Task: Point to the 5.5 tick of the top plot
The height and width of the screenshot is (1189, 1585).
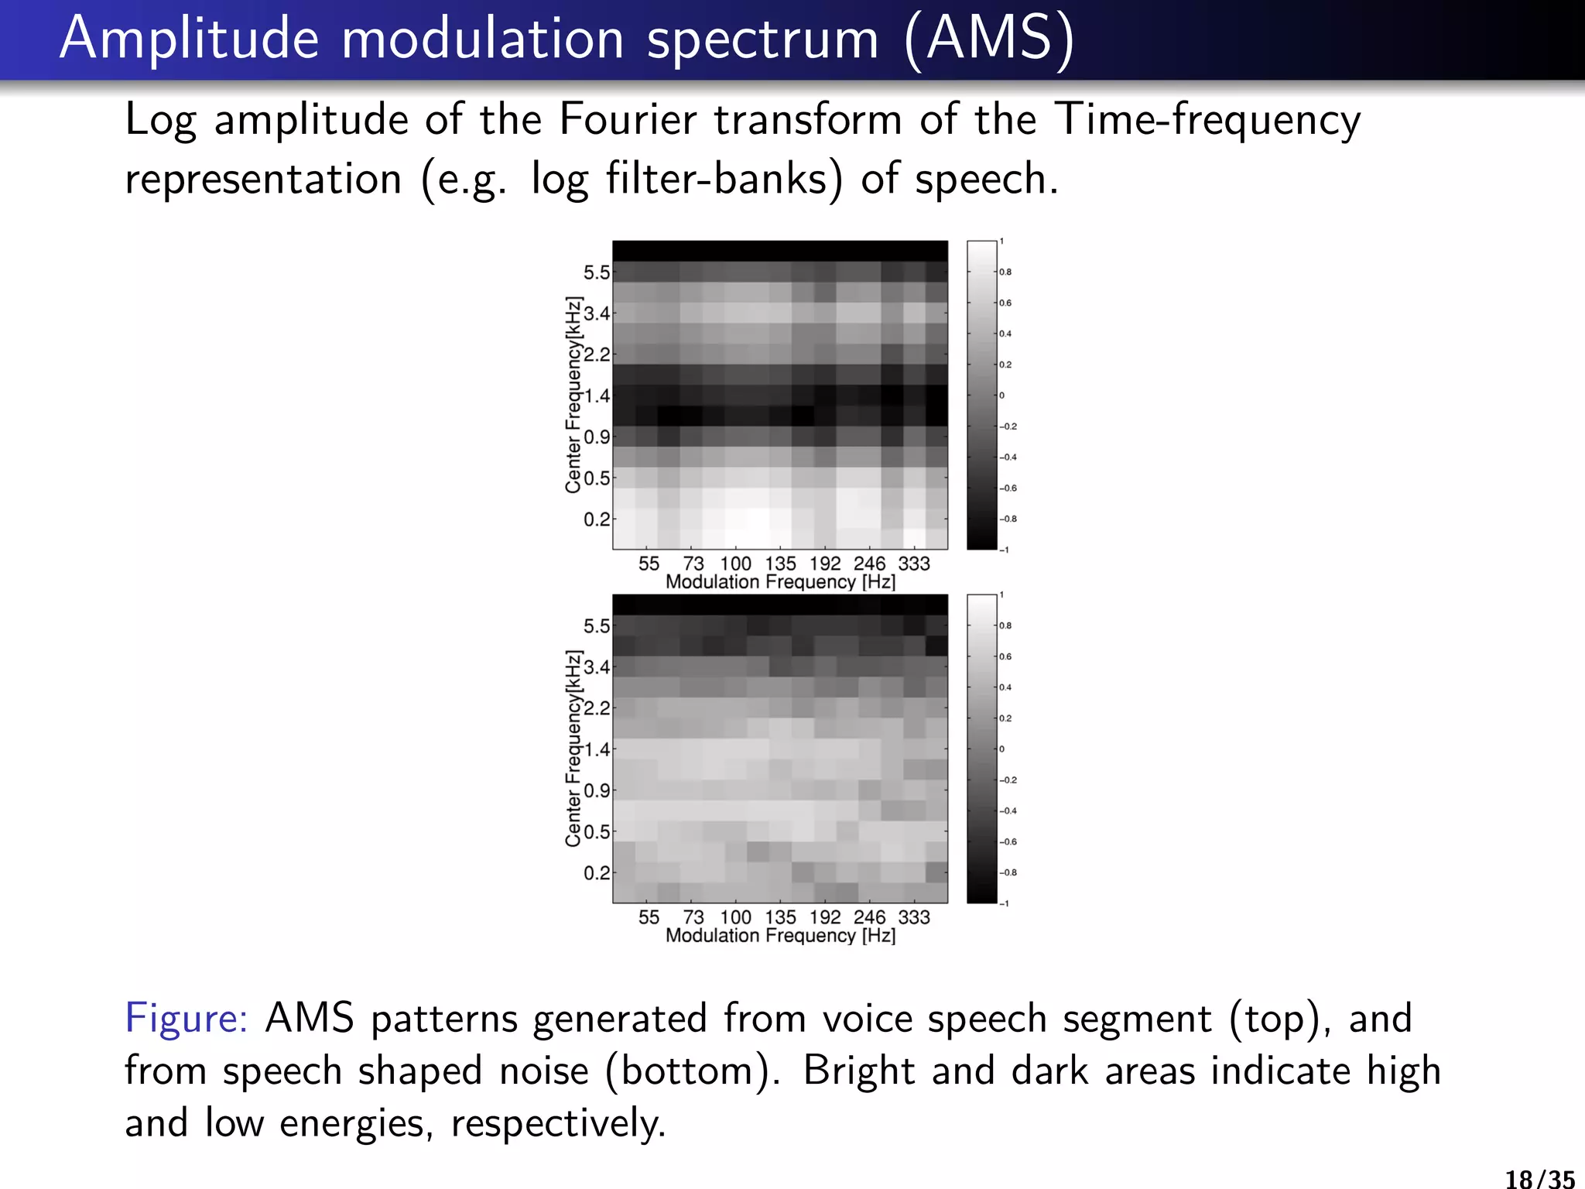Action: (x=596, y=272)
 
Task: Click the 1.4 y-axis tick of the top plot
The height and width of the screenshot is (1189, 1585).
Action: (x=596, y=396)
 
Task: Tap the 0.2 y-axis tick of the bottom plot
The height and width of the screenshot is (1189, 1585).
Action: (x=596, y=873)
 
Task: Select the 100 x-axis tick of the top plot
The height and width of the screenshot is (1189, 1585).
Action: (x=735, y=564)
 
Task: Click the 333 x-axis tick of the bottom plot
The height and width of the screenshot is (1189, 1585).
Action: (x=913, y=917)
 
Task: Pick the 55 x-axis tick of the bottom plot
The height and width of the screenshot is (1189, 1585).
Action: (x=649, y=917)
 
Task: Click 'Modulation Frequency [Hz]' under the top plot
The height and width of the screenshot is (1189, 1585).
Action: (x=780, y=582)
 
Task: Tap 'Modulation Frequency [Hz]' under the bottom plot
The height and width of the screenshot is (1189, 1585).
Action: (x=780, y=936)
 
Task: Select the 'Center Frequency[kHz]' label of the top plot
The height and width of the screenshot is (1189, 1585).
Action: (x=573, y=395)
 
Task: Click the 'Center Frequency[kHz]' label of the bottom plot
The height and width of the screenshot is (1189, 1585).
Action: (x=573, y=749)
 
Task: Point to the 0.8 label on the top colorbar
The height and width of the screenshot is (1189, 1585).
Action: (x=1005, y=272)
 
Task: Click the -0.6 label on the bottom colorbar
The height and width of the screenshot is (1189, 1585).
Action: (x=1008, y=842)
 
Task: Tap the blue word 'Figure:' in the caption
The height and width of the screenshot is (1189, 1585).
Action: (x=186, y=1018)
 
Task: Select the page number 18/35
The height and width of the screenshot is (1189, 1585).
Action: (x=1539, y=1178)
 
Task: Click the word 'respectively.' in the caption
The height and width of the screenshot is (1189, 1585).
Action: (x=558, y=1124)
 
